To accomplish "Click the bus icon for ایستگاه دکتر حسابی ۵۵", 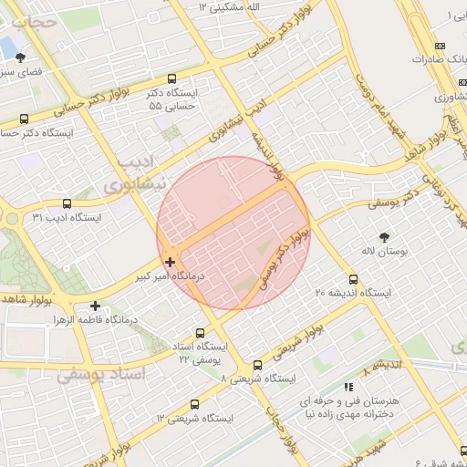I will tap(173, 78).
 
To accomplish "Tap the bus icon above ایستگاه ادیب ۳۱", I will tap(67, 204).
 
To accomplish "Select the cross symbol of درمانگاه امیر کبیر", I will tap(170, 262).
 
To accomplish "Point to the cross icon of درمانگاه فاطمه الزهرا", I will tap(96, 306).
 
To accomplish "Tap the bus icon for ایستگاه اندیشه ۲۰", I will tap(353, 280).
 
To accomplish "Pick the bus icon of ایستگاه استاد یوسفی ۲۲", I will tap(201, 333).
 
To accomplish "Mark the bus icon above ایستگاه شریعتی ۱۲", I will tap(194, 404).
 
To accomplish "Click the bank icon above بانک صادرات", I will tap(441, 46).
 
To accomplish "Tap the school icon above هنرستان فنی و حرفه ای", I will tap(348, 387).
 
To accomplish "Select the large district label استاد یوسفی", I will tap(101, 374).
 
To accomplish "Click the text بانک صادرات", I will tap(433, 59).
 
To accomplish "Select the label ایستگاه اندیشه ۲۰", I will tap(353, 294).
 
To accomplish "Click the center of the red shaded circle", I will tap(233, 233).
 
